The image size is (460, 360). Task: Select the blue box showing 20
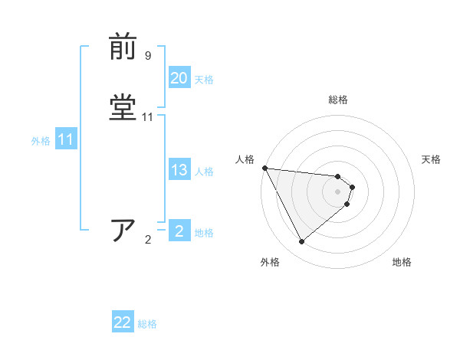pos(179,78)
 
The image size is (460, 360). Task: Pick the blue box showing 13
pos(179,171)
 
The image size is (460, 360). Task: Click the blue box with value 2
pos(179,231)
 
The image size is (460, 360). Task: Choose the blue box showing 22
pos(123,322)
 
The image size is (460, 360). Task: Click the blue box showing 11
pos(65,140)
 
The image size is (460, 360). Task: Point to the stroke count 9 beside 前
pos(147,56)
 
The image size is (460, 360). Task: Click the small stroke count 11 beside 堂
pos(148,117)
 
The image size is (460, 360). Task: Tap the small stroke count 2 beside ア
pos(148,240)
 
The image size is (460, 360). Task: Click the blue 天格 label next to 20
pos(204,79)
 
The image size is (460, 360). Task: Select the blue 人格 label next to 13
pos(204,172)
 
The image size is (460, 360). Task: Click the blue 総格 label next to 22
pos(148,324)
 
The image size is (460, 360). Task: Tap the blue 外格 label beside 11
pos(41,141)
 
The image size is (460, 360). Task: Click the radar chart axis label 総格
pos(338,100)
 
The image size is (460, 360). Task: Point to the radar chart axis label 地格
pos(402,263)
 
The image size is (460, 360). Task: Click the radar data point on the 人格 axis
pos(264,168)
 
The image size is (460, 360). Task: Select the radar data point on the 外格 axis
pos(302,242)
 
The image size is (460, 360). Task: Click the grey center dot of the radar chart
pos(338,191)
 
